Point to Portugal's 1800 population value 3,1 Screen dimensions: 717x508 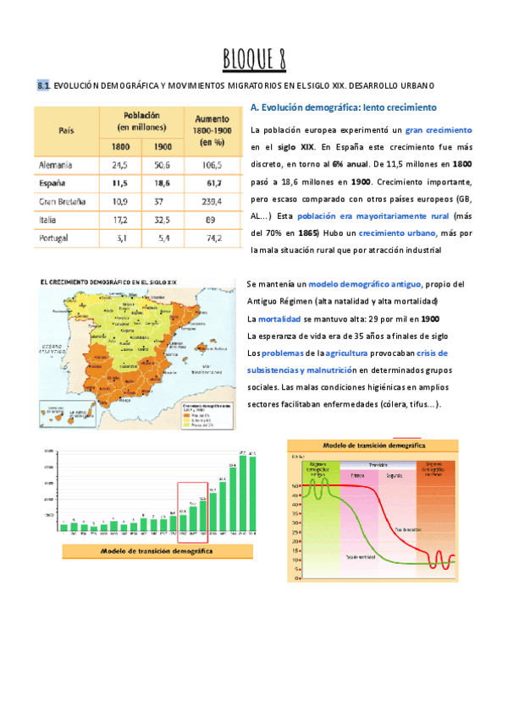coord(119,238)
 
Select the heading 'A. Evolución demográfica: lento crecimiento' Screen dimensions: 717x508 coord(343,108)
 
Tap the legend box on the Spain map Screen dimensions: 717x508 coord(203,414)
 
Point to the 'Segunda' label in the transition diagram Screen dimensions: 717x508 coord(394,476)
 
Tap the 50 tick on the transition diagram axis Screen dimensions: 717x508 coord(294,486)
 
